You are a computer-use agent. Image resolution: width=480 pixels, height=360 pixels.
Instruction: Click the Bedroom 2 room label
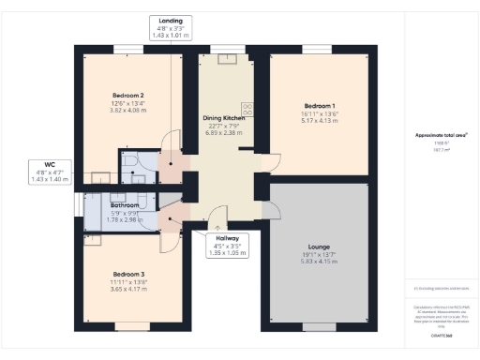tap(127, 96)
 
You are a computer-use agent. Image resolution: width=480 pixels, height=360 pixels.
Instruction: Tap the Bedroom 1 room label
tap(319, 105)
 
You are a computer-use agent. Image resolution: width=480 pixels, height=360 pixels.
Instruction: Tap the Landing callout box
tap(171, 27)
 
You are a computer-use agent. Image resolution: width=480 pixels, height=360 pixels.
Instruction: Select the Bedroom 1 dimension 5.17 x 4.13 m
tap(319, 120)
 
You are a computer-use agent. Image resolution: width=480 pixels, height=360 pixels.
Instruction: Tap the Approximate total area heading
tap(441, 135)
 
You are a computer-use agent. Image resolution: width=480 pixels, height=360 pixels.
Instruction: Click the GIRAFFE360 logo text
tap(441, 333)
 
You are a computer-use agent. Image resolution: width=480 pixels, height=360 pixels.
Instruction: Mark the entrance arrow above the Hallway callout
tap(218, 226)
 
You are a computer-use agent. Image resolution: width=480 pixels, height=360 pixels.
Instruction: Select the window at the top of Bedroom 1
tap(318, 48)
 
